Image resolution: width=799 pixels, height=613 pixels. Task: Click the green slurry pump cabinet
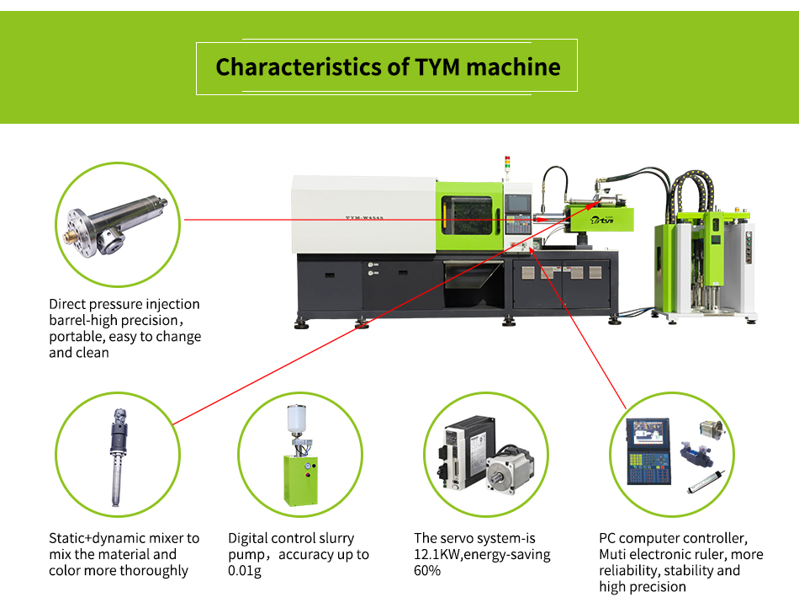300,479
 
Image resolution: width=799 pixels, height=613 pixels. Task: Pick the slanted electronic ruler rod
706,482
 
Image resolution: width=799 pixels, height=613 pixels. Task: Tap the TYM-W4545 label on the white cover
364,218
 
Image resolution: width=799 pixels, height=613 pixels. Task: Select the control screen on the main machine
517,204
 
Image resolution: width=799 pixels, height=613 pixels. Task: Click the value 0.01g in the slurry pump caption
245,571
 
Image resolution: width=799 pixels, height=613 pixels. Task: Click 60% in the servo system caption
427,571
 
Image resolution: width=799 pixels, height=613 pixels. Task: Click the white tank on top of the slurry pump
297,419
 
